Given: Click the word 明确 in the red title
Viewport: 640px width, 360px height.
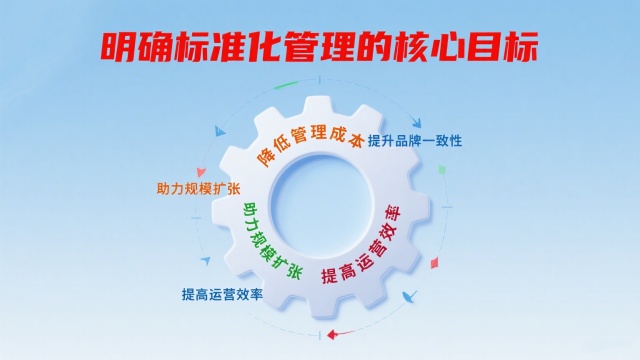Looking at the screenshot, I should [x=133, y=46].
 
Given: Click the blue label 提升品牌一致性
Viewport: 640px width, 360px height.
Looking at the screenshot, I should [x=415, y=140].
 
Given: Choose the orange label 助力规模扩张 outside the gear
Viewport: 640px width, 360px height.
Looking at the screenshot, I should [x=199, y=188].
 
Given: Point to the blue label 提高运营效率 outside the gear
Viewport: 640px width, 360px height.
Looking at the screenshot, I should [x=222, y=295].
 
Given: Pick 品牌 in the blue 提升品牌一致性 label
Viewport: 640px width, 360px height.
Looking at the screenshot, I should [x=414, y=140].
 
